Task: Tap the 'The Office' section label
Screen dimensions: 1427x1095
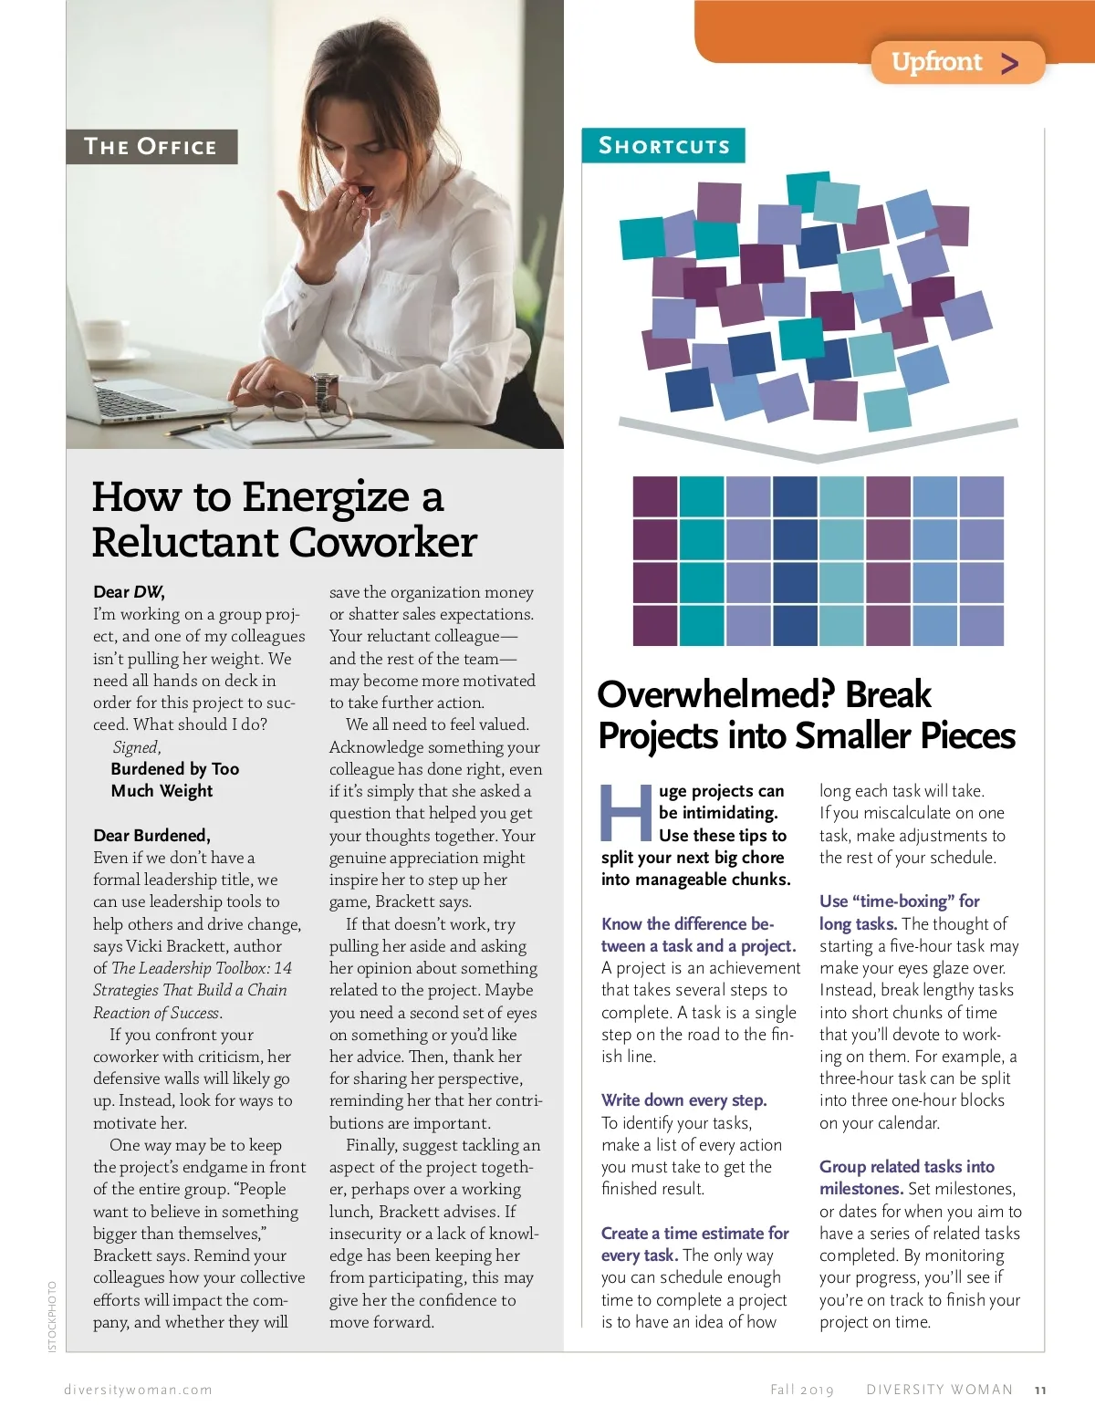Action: click(x=151, y=147)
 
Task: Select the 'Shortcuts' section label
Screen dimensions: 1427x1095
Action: click(x=663, y=146)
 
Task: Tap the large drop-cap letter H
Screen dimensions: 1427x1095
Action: click(x=625, y=813)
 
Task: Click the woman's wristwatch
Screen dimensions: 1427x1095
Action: click(x=325, y=392)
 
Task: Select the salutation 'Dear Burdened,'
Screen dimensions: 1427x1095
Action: click(x=151, y=836)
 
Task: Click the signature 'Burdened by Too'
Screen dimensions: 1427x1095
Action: click(x=174, y=769)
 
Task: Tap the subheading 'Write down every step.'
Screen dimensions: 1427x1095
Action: click(x=683, y=1100)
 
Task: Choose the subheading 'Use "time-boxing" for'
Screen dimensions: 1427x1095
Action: click(x=899, y=901)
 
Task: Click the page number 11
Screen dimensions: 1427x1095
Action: click(x=1040, y=1391)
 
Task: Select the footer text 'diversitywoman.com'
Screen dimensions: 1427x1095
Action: click(x=138, y=1391)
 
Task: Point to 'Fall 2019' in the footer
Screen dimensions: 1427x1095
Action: click(x=802, y=1391)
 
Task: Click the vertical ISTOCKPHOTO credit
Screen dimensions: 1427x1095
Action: click(x=52, y=1316)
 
